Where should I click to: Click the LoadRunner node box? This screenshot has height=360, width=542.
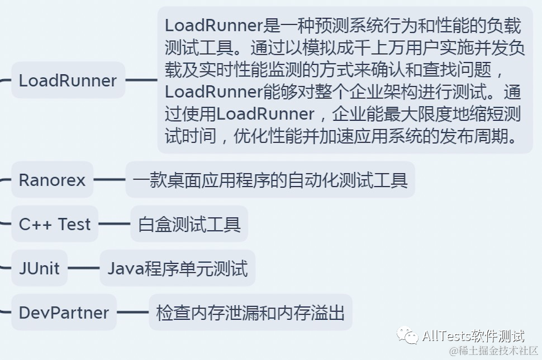pyautogui.click(x=68, y=80)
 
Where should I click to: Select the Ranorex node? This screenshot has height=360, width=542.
pyautogui.click(x=52, y=180)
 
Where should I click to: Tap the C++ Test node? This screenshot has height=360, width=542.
pyautogui.click(x=54, y=224)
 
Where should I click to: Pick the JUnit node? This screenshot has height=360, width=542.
pyautogui.click(x=39, y=268)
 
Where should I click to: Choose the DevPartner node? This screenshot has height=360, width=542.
pyautogui.click(x=64, y=312)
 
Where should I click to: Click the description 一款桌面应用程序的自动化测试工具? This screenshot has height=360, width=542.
pyautogui.click(x=270, y=180)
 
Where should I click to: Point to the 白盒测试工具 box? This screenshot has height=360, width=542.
pyautogui.click(x=189, y=224)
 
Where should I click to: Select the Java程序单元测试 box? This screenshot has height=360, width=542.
pyautogui.click(x=177, y=268)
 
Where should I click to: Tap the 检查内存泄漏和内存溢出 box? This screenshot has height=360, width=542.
pyautogui.click(x=250, y=312)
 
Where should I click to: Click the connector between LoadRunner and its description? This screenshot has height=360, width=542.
pyautogui.click(x=141, y=80)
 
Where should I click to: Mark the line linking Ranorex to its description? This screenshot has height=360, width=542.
pyautogui.click(x=109, y=180)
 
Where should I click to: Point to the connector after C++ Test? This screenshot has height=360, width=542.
pyautogui.click(x=114, y=224)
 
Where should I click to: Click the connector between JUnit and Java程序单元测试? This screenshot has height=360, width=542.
pyautogui.click(x=83, y=268)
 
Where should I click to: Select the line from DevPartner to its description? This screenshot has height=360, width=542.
pyautogui.click(x=132, y=312)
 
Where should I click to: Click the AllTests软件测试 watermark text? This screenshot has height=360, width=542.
pyautogui.click(x=473, y=336)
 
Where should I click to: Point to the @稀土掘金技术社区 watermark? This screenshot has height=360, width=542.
pyautogui.click(x=493, y=350)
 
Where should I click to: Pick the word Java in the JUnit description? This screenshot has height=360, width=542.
pyautogui.click(x=126, y=268)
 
